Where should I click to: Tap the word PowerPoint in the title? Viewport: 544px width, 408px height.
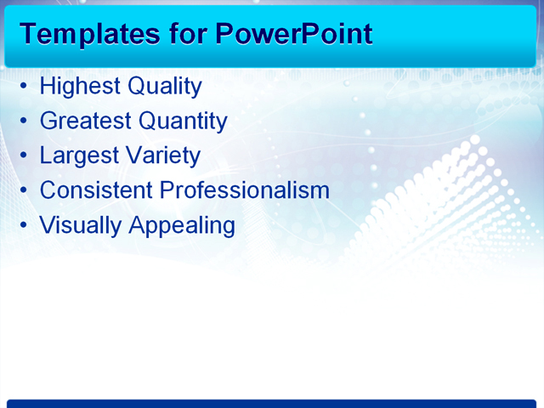point(293,33)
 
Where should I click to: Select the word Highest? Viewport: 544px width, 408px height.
point(80,87)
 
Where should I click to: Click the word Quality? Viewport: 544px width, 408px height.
point(164,87)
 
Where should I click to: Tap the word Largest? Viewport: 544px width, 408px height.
point(78,156)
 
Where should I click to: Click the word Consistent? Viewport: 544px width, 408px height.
point(95,190)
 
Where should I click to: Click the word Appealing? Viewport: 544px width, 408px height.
point(182,225)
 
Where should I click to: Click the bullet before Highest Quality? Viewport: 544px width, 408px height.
point(24,88)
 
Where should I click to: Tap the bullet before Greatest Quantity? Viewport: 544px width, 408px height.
point(24,122)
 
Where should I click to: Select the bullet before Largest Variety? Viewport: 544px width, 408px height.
point(24,156)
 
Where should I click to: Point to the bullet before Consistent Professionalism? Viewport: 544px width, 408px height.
point(24,191)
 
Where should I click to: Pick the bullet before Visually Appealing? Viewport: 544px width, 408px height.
point(24,226)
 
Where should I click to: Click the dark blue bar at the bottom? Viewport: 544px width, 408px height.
point(272,403)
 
